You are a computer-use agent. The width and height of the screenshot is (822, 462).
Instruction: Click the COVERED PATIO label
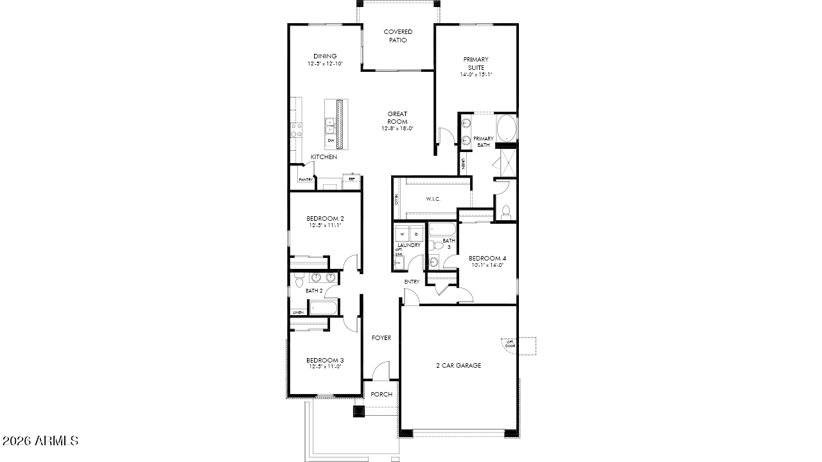[398, 36]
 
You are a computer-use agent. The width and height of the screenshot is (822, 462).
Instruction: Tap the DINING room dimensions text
[325, 64]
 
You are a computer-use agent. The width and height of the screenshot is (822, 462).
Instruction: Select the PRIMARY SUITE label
[476, 64]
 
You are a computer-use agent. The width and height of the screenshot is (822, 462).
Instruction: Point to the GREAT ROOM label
[397, 118]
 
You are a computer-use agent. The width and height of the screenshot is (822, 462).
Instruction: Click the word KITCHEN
[324, 157]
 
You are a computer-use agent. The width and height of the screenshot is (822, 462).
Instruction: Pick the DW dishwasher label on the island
[331, 140]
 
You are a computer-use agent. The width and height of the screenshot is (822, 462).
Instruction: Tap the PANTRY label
[305, 180]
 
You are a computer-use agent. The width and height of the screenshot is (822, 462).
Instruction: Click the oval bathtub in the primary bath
[505, 128]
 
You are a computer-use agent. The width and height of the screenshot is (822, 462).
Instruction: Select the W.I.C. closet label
[433, 199]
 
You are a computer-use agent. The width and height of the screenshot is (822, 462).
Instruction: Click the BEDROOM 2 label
[324, 218]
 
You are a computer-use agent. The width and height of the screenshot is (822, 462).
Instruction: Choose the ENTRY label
[412, 282]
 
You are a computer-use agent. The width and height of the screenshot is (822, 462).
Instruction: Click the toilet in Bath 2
[299, 280]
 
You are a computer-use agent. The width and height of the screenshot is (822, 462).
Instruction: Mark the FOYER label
[381, 338]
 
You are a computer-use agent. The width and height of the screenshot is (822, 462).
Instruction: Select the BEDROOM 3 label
[324, 360]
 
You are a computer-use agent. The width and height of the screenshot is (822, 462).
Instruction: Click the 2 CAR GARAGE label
[459, 366]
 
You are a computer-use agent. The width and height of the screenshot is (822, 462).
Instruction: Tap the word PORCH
[381, 394]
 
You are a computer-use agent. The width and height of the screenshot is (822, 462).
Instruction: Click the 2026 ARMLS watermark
[40, 441]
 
